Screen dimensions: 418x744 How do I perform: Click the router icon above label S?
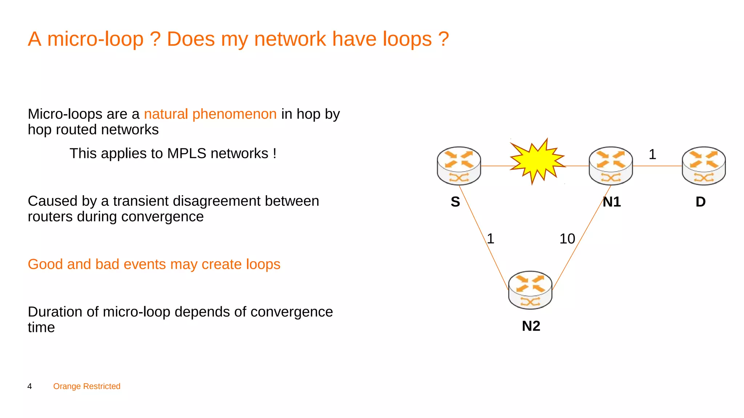pos(459,166)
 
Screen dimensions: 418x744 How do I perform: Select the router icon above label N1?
pos(611,166)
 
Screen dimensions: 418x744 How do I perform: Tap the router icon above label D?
pos(704,166)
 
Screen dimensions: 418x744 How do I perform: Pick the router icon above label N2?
pos(530,290)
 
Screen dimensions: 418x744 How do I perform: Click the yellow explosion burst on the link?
pos(537,161)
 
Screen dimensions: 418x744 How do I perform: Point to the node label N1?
pos(612,202)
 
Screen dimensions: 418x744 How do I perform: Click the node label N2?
pos(531,326)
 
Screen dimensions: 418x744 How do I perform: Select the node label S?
pos(455,202)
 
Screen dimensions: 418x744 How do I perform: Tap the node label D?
pos(700,202)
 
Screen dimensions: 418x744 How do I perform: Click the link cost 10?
pos(567,239)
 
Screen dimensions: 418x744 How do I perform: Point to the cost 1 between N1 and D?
pos(652,155)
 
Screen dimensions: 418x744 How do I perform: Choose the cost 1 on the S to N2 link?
pos(490,239)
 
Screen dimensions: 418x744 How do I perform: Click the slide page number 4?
pos(30,386)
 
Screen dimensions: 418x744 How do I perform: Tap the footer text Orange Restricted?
pos(87,386)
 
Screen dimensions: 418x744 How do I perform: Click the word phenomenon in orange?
pos(234,114)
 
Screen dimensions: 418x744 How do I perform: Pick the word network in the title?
pos(290,39)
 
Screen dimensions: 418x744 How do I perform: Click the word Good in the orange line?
pos(45,264)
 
